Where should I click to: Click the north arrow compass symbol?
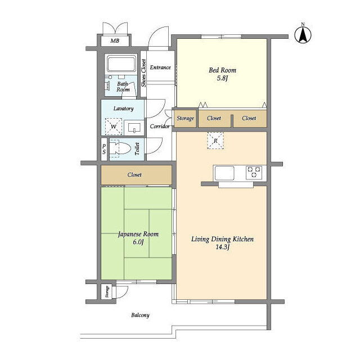pos(303,35)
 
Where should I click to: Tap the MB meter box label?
pos(115,41)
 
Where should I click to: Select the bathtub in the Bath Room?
pos(121,64)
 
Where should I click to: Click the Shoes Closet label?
pos(143,73)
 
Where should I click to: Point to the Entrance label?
pos(160,67)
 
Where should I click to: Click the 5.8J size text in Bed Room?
pos(222,78)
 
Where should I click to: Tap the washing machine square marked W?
pos(114,126)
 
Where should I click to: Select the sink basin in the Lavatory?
pos(134,128)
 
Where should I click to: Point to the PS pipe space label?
pos(104,149)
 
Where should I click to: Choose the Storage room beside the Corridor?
pos(185,119)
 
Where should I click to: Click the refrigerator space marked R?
pos(215,141)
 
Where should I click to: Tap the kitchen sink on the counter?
pos(224,173)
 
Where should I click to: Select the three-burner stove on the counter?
pos(254,172)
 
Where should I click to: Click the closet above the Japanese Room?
pos(136,175)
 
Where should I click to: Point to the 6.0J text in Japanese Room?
pos(138,242)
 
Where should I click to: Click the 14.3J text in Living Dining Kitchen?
pos(223,247)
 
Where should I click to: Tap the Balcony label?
pos(140,315)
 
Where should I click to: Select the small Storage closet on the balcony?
pos(106,291)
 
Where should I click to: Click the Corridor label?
pos(160,126)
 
